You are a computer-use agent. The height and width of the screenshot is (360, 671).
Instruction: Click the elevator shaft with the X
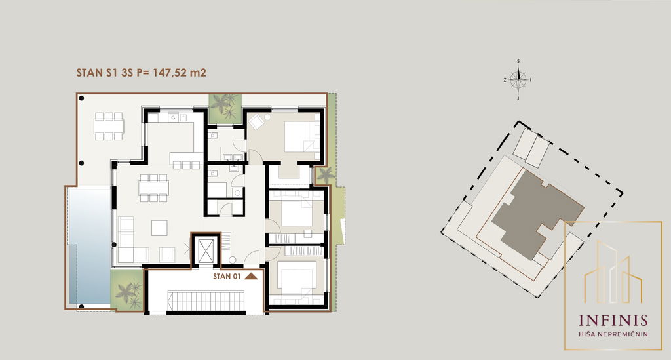point(205,250)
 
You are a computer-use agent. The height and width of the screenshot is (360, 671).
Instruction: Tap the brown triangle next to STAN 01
point(251,276)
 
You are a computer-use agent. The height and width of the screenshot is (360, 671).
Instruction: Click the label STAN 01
point(227,276)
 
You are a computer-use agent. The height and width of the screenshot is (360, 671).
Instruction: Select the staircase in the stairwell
point(205,301)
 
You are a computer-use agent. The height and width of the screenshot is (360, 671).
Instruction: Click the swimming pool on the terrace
point(88,246)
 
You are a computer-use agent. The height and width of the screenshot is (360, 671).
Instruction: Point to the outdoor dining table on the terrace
point(109,127)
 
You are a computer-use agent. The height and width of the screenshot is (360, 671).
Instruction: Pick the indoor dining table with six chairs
point(153,188)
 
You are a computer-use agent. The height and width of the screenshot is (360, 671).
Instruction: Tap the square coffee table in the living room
point(159,228)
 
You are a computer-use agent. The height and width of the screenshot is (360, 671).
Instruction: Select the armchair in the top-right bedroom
point(258,122)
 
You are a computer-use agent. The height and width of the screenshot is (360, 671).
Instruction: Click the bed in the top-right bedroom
point(301,136)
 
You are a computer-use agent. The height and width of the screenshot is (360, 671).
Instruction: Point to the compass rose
point(519,79)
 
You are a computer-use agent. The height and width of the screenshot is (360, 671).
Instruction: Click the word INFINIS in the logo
point(613,321)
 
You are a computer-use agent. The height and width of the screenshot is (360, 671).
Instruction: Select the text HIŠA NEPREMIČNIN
point(613,334)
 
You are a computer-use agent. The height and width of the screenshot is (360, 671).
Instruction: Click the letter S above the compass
point(518,61)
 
